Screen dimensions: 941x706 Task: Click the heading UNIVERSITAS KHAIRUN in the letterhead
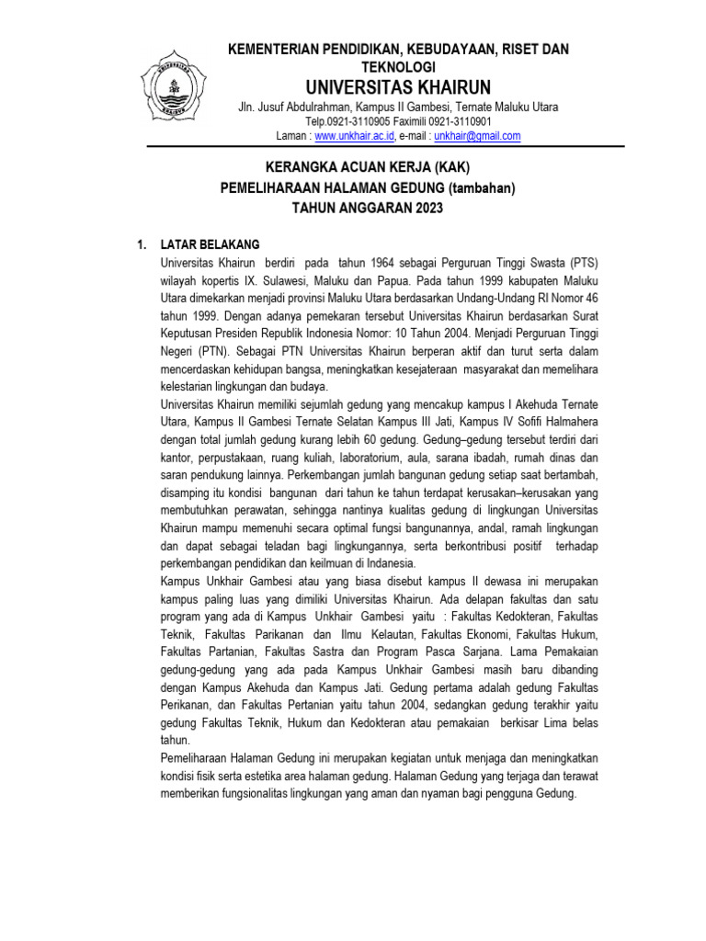[398, 87]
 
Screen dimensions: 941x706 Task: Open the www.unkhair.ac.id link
[355, 136]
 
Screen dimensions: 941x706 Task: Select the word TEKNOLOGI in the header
[398, 68]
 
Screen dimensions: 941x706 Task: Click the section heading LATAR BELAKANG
[211, 244]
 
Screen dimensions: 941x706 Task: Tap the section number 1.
[141, 244]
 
